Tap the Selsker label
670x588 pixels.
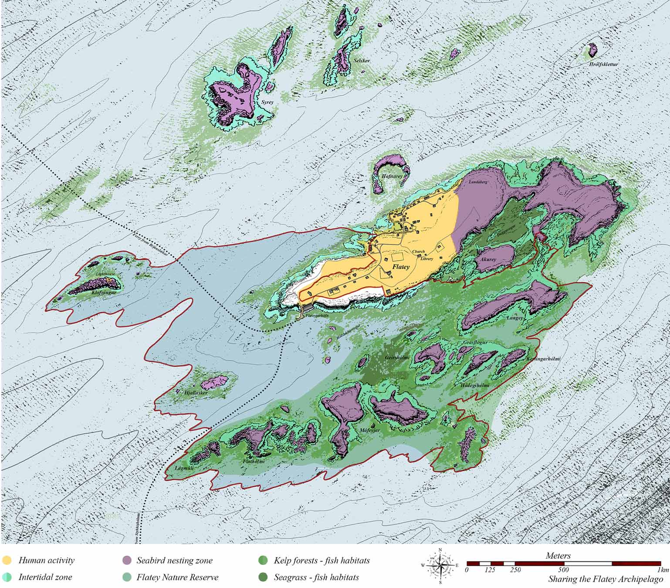click(362, 61)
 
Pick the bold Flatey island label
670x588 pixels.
click(400, 267)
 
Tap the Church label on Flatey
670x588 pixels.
click(418, 252)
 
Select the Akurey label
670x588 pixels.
click(488, 259)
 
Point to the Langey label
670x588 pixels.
click(514, 318)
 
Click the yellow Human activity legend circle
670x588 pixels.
click(7, 560)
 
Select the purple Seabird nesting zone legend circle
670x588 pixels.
click(127, 560)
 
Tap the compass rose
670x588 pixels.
click(440, 565)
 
